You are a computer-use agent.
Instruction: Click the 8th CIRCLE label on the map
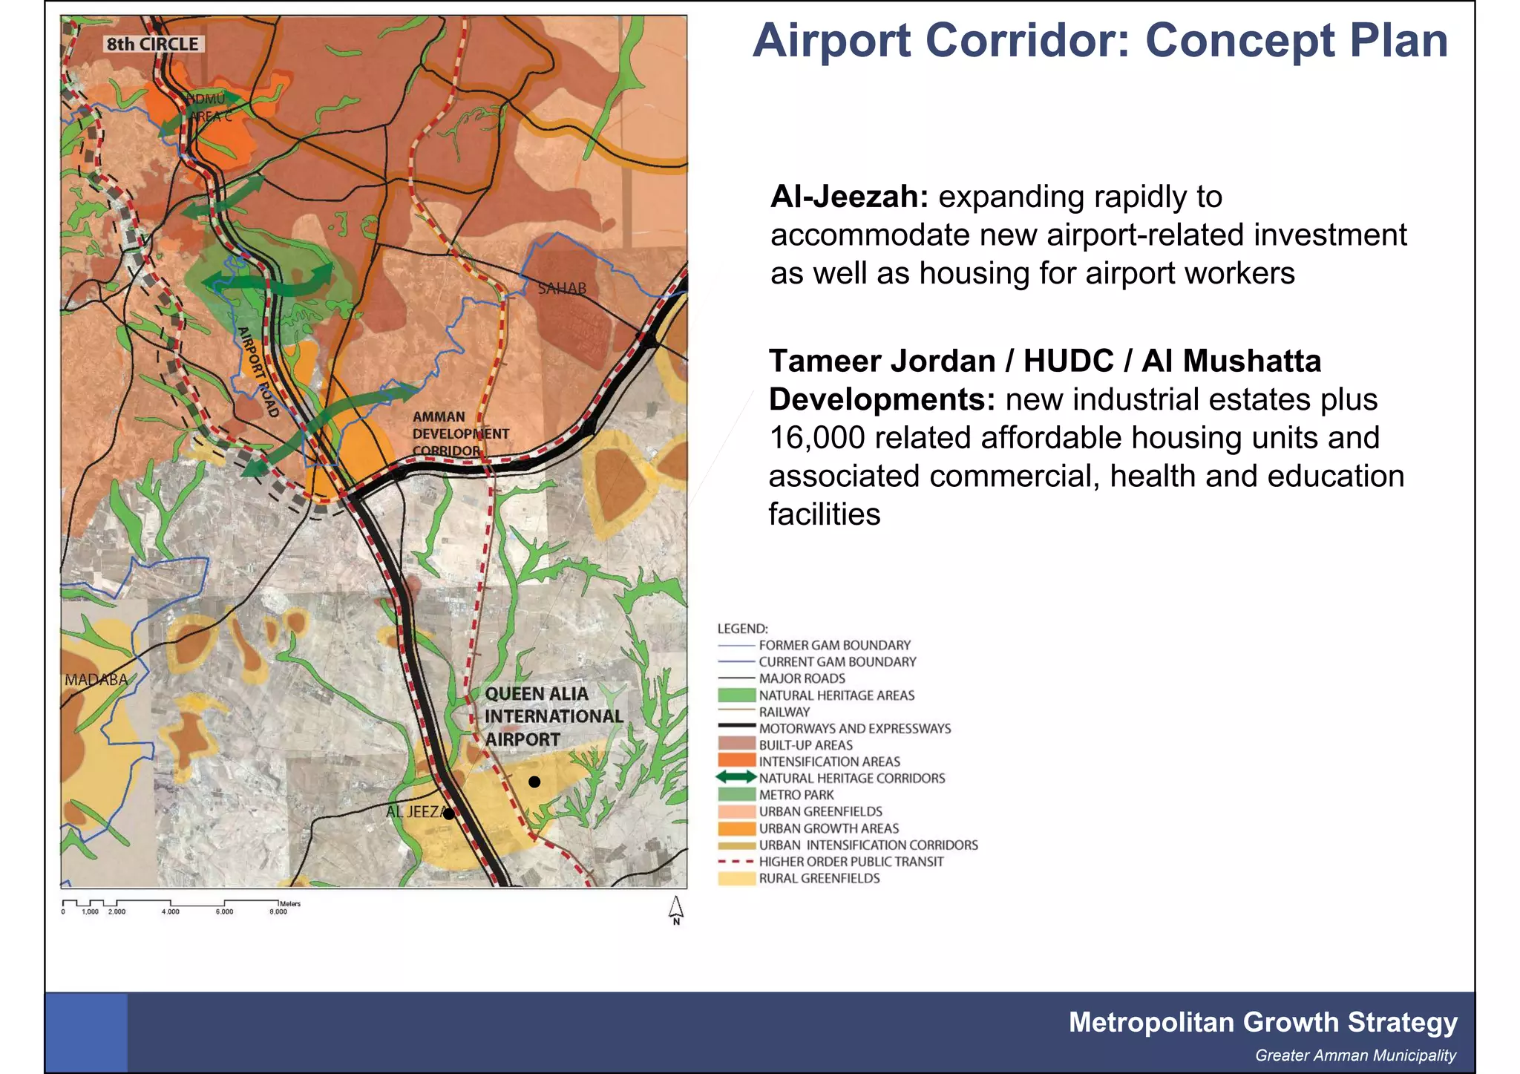(152, 45)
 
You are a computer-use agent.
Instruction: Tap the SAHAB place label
(562, 289)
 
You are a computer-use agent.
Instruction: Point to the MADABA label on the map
(96, 680)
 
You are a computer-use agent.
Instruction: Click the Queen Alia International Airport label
(553, 716)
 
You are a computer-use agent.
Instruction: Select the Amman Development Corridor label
(460, 434)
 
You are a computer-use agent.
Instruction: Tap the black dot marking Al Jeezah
(449, 813)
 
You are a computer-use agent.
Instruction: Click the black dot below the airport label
(534, 782)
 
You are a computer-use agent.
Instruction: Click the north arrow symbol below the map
(676, 909)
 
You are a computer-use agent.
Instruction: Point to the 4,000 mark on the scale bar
(171, 911)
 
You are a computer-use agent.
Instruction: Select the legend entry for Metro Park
(796, 795)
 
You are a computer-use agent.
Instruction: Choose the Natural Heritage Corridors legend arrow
(736, 778)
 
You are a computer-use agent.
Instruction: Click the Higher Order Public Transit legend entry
(851, 862)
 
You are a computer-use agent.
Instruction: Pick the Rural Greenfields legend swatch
(736, 879)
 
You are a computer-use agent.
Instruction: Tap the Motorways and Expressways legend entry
(854, 729)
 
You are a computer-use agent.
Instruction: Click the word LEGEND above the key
(742, 629)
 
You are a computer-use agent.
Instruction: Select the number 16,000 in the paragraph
(817, 438)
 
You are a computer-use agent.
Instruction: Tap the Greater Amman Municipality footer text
(1355, 1055)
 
